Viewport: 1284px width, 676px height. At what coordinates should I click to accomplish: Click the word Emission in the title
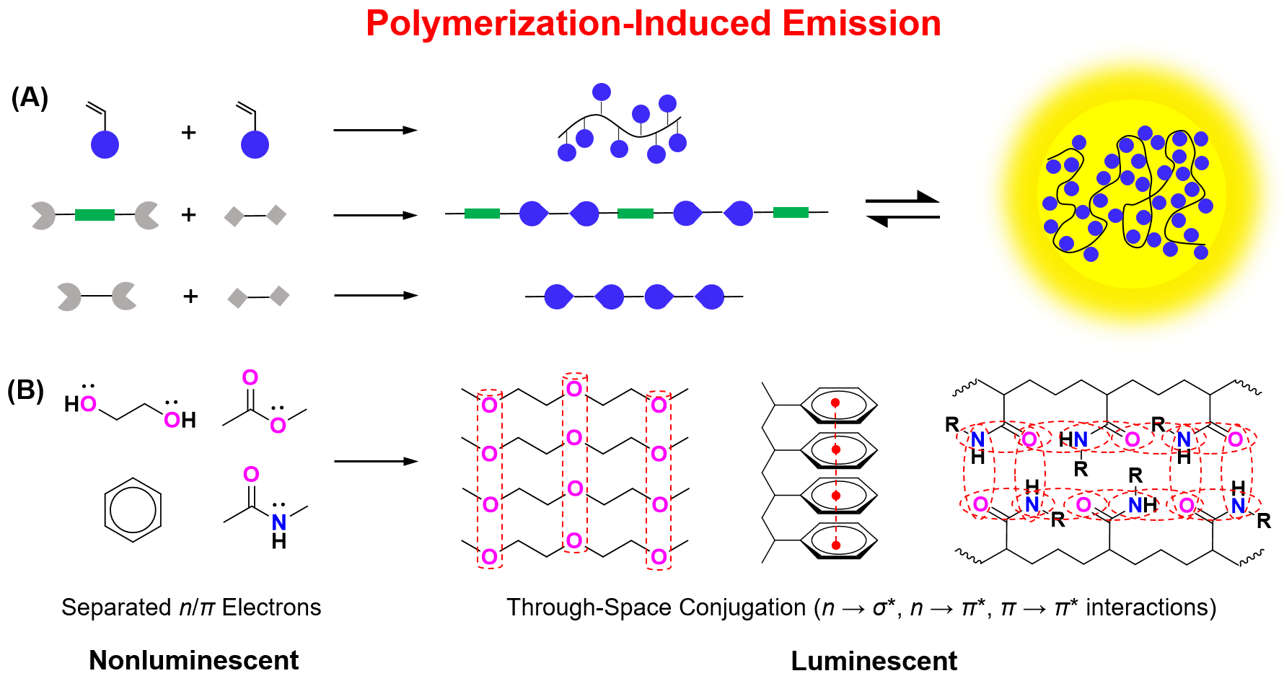tap(862, 24)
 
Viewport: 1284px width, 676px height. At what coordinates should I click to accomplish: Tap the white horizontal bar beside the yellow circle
tap(902, 209)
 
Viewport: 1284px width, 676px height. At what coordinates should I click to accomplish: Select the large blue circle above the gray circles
tap(105, 145)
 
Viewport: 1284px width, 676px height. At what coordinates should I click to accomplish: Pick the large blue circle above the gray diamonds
tap(255, 145)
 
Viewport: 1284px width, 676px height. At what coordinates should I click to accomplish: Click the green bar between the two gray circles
tap(94, 215)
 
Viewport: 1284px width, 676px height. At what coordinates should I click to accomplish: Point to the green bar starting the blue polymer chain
tap(482, 214)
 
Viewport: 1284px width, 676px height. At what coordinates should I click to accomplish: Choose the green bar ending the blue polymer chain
tap(791, 212)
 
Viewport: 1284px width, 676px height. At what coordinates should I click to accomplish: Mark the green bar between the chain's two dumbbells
tap(636, 214)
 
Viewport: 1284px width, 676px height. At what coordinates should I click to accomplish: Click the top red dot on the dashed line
tap(835, 403)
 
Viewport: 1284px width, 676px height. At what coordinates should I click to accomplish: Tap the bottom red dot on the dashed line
tap(836, 545)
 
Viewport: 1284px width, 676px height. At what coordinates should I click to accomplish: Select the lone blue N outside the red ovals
tap(279, 522)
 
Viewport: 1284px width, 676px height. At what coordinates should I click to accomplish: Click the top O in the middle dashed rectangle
tap(574, 389)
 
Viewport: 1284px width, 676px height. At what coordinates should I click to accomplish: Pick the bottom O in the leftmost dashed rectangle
tap(490, 556)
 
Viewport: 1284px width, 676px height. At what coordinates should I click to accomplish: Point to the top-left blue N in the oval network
tap(977, 439)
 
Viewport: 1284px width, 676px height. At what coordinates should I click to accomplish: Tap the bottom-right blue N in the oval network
tap(1239, 506)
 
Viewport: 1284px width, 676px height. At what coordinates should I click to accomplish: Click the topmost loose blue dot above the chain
tap(602, 92)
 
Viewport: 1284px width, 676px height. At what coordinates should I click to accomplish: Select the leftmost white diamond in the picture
tap(26, 216)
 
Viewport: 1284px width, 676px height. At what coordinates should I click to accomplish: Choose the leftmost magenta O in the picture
tap(88, 404)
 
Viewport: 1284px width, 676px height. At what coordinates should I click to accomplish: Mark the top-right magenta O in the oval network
tap(1236, 439)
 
